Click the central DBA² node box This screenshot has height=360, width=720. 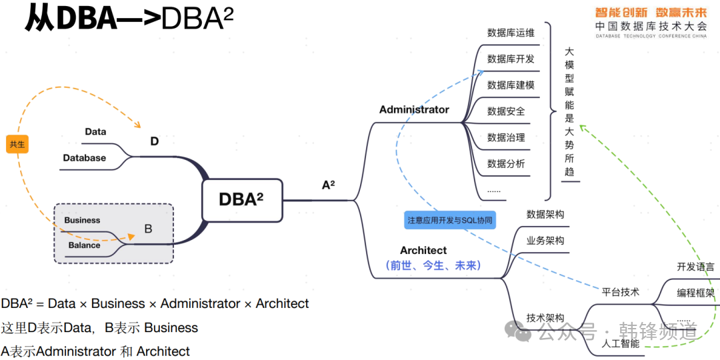coord(241,199)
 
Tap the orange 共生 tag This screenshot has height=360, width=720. coord(17,143)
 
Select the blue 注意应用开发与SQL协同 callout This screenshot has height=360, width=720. coord(451,220)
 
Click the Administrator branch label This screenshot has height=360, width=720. coord(414,109)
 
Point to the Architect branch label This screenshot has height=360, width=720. coord(423,250)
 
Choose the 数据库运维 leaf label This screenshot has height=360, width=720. coord(511,33)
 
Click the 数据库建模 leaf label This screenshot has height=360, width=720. coord(511,85)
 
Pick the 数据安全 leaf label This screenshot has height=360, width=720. coord(506,111)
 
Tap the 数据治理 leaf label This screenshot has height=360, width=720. coord(506,137)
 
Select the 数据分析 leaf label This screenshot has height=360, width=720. coord(506,163)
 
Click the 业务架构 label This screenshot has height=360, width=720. coord(545,241)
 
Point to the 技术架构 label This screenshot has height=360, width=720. coord(545,318)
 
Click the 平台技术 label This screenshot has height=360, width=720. coord(621,291)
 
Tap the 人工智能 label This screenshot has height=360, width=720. coord(620,344)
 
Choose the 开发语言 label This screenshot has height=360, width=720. coord(695,267)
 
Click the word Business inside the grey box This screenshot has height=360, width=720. coord(82,220)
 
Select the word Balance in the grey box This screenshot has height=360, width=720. coord(84,245)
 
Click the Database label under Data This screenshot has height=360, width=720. coord(84,158)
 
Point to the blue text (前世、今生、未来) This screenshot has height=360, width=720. coord(433,265)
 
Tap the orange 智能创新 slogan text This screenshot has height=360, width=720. coord(621,12)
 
